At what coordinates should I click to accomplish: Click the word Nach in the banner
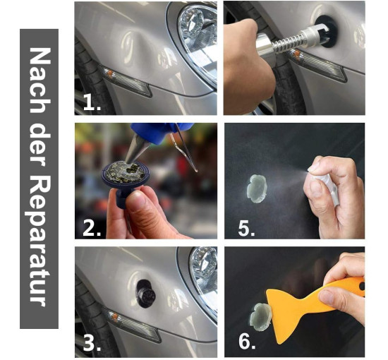40,80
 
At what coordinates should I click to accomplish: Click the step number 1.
92,102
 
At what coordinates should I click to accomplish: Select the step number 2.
92,227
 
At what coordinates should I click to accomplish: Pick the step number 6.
246,341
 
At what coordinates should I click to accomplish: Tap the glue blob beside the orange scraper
261,317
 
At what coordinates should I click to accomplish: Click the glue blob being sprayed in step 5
256,188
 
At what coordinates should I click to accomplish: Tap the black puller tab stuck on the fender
145,294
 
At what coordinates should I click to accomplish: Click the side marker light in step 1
125,80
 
